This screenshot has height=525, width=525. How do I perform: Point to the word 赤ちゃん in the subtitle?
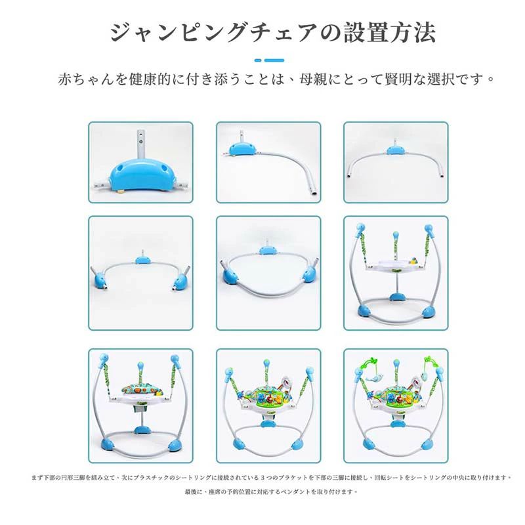[85, 79]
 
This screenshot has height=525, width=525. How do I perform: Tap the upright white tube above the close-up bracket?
[140, 139]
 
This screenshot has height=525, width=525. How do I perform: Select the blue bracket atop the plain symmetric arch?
[395, 150]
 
